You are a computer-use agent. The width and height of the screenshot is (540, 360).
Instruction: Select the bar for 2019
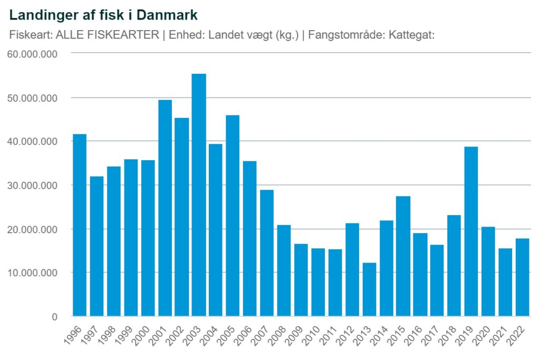pos(470,231)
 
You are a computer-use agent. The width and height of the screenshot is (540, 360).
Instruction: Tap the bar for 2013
pos(369,289)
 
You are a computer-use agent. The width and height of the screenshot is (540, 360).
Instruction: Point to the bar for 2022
pos(522,277)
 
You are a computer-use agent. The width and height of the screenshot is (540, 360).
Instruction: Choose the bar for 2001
pos(165,208)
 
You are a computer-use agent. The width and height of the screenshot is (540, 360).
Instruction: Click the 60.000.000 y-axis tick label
pos(33,54)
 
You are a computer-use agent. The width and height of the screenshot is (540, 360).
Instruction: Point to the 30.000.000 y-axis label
pos(33,186)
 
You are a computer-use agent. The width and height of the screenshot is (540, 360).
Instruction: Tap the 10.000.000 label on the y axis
pos(33,273)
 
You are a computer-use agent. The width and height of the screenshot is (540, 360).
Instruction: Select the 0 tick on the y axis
pos(54,317)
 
